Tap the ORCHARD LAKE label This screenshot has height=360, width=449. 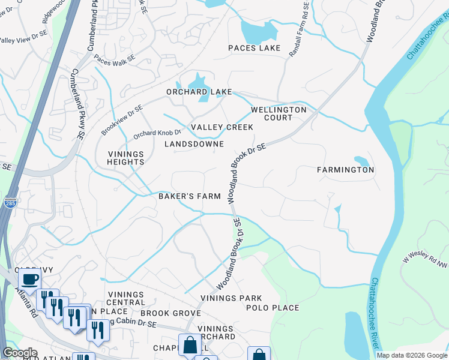[199, 92]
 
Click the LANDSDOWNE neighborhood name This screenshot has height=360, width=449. [194, 144]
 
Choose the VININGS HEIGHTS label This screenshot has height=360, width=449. [126, 158]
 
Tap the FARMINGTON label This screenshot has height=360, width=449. [346, 170]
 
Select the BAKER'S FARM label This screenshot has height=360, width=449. [190, 196]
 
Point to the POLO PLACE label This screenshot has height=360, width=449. [273, 308]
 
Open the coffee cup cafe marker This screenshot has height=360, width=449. [29, 279]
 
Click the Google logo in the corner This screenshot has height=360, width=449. [19, 353]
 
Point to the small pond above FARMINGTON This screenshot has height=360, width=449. [361, 161]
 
